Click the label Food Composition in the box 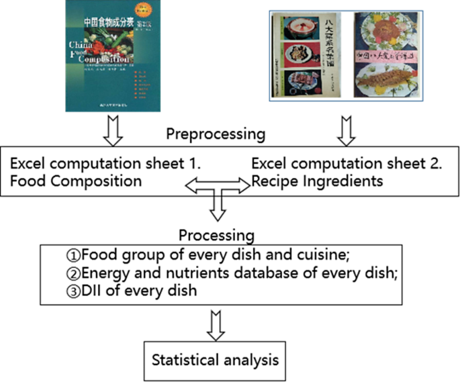(x=75, y=181)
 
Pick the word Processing (x=216, y=235)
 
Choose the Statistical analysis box (x=215, y=360)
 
